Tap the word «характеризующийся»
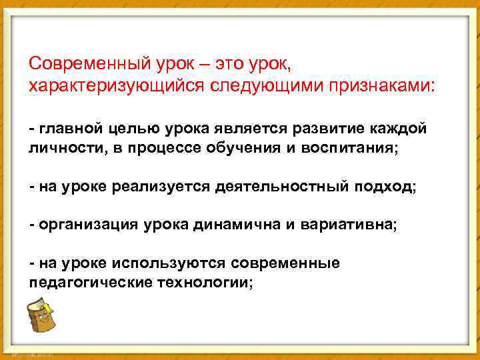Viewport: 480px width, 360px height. pos(117,86)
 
